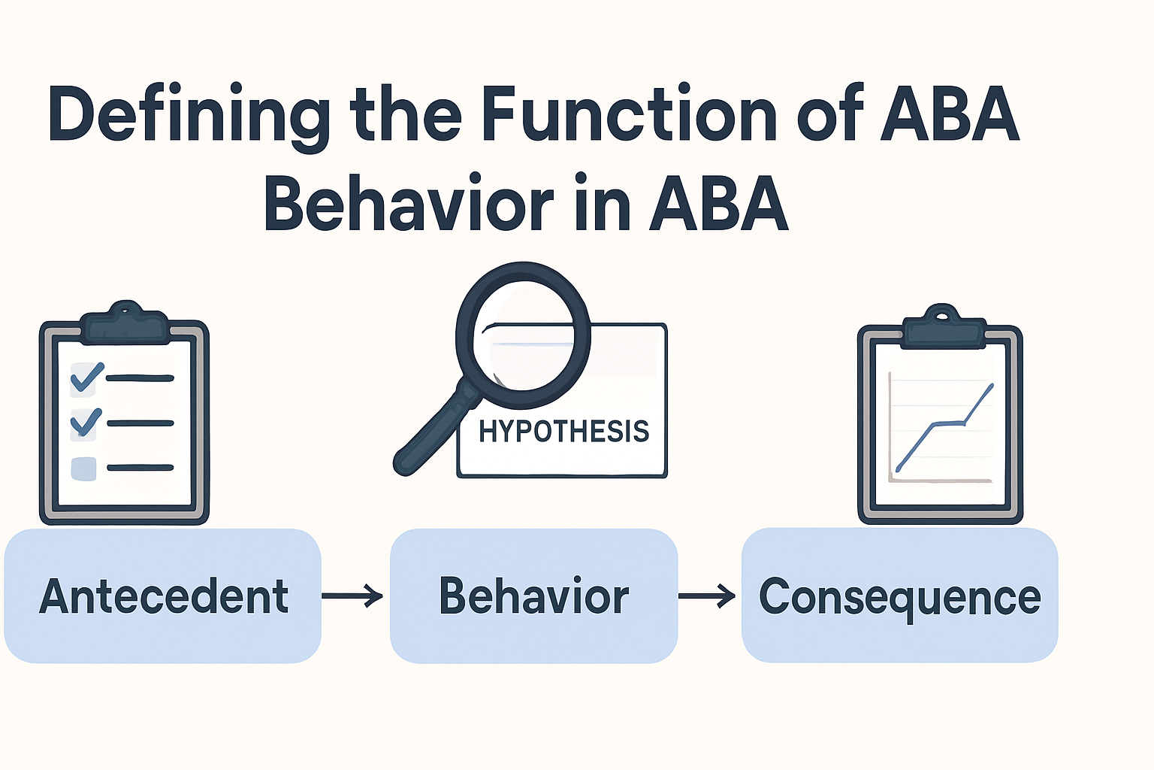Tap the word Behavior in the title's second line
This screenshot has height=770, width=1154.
click(409, 205)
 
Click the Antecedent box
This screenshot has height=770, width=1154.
click(163, 596)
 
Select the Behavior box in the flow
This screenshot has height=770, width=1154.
click(533, 596)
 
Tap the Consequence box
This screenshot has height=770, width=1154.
click(899, 596)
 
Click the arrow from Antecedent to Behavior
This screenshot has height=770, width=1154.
click(352, 596)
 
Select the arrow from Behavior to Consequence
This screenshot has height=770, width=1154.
click(707, 596)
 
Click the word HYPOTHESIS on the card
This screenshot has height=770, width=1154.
click(563, 432)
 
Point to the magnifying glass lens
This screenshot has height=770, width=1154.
click(523, 326)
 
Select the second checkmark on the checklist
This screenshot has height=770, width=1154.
click(86, 423)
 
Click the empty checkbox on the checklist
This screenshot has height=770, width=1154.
click(83, 468)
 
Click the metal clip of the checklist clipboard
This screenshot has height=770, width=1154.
click(125, 323)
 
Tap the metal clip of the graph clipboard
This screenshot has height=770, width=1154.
click(942, 328)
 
